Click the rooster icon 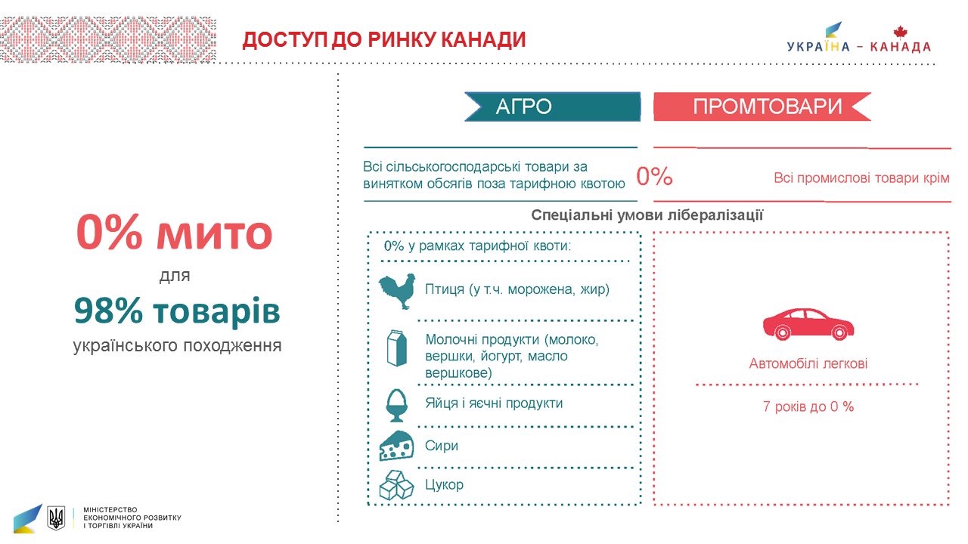tap(397, 291)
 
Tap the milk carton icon tap(396, 348)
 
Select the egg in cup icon tap(396, 405)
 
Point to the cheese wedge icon tap(396, 446)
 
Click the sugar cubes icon tap(396, 485)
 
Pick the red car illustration tap(808, 324)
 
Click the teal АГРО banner tap(552, 107)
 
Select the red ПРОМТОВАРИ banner tap(762, 107)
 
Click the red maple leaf tap(900, 32)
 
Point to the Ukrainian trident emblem tap(56, 518)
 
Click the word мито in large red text tap(214, 233)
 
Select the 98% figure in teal tap(108, 311)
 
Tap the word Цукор tap(444, 485)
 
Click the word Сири tap(441, 445)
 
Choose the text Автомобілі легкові tap(808, 363)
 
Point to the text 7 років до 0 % tap(808, 406)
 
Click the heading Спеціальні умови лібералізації tap(647, 215)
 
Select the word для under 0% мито tap(175, 277)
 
